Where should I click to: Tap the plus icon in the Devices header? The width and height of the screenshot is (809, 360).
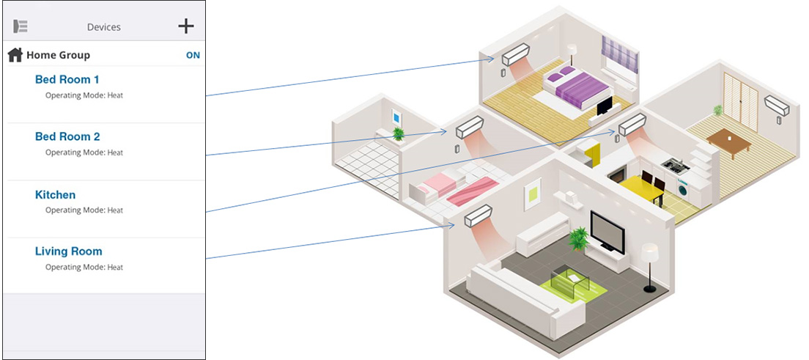pyautogui.click(x=186, y=26)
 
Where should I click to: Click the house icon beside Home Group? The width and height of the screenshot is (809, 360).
pyautogui.click(x=15, y=55)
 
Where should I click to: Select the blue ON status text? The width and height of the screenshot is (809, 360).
pyautogui.click(x=193, y=55)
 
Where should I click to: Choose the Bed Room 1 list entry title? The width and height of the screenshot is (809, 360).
pyautogui.click(x=67, y=79)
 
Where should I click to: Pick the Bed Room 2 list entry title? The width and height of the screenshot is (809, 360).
pyautogui.click(x=67, y=136)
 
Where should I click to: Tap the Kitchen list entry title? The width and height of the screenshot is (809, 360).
pyautogui.click(x=55, y=194)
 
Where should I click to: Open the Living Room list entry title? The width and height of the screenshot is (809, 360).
pyautogui.click(x=68, y=251)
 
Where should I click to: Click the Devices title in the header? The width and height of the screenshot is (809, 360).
pyautogui.click(x=103, y=27)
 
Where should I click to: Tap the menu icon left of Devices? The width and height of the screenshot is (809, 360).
pyautogui.click(x=21, y=26)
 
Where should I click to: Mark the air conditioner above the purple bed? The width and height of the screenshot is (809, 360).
pyautogui.click(x=514, y=54)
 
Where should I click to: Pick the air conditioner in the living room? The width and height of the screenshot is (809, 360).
pyautogui.click(x=477, y=216)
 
